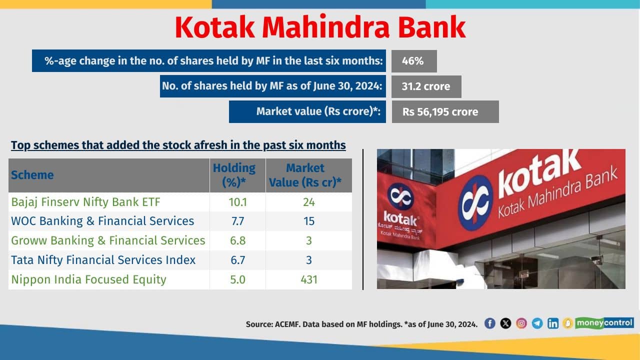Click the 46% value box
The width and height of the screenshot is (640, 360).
click(414, 61)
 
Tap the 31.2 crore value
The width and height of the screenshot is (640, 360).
click(426, 86)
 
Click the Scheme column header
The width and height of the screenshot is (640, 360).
click(32, 175)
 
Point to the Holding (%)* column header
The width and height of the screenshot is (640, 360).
click(234, 175)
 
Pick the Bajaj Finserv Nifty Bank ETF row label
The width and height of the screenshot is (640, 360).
click(85, 202)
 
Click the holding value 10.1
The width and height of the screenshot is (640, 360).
click(237, 202)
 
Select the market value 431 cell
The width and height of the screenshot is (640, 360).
click(309, 279)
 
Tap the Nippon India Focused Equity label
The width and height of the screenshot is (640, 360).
click(88, 279)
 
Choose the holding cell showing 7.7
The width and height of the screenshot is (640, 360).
click(237, 221)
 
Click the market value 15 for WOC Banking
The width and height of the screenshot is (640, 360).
click(309, 221)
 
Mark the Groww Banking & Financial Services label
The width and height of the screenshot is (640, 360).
click(108, 240)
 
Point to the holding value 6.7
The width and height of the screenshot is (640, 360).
click(237, 260)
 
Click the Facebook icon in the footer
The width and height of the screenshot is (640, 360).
click(489, 323)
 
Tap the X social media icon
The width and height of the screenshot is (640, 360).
click(505, 323)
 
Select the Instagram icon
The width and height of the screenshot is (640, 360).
click(521, 323)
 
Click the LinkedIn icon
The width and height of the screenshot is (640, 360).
click(553, 323)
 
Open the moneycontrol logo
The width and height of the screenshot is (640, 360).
click(604, 323)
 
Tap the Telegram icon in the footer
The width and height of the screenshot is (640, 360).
click(537, 323)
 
